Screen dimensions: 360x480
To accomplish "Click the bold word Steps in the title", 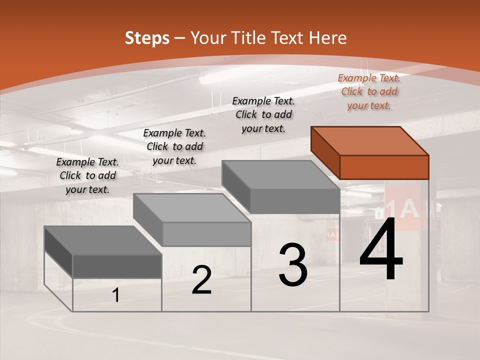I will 147,38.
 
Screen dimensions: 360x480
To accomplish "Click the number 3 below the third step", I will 293,265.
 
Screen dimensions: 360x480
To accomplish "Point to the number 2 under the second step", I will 201,280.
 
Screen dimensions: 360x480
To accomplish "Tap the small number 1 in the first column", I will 116,295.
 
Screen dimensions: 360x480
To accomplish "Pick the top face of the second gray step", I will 192,208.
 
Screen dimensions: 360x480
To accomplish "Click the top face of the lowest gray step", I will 103,240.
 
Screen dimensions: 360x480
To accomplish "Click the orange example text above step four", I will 369,91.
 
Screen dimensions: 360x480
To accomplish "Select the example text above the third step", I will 263,114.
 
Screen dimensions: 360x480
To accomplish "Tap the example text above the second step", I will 174,146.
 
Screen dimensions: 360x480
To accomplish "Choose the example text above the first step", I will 87,175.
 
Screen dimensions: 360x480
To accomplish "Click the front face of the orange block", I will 384,167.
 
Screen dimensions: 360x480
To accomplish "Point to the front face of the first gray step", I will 117,266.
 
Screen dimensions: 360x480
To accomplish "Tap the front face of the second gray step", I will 206,234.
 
